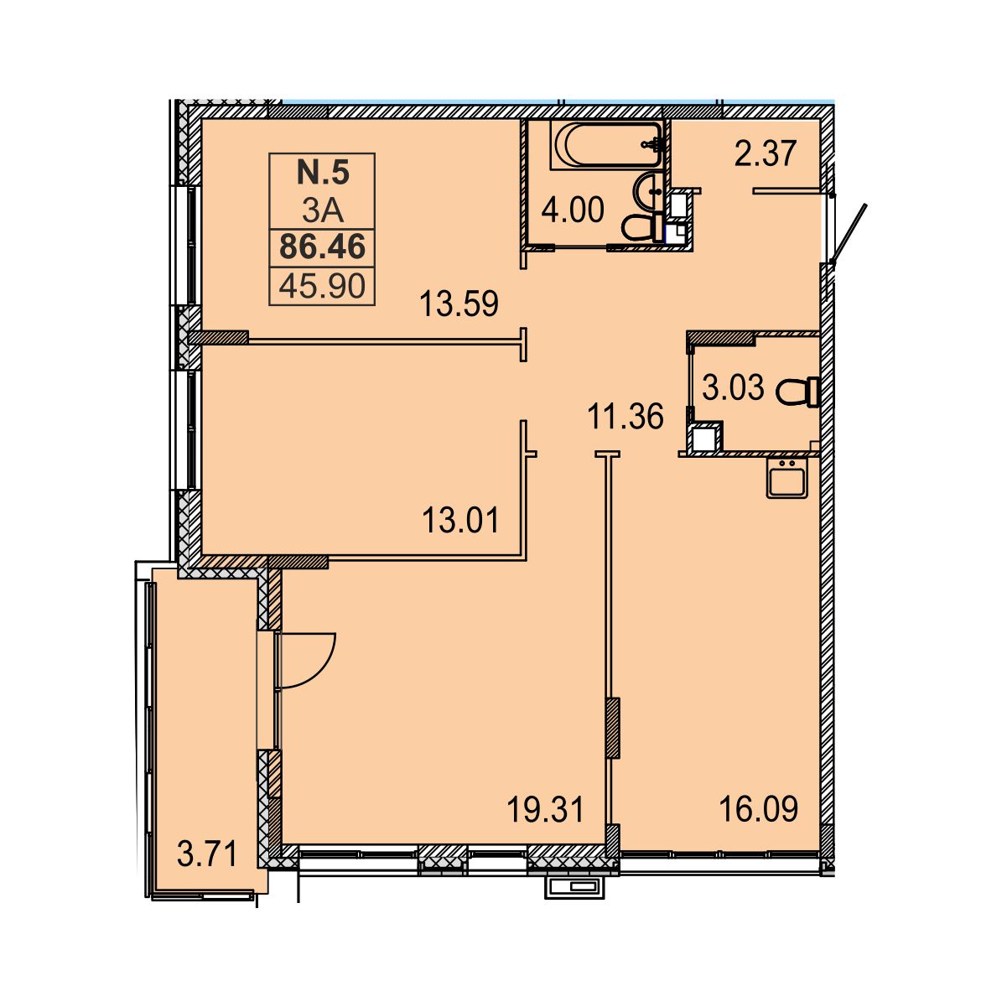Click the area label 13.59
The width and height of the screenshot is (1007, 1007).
[459, 304]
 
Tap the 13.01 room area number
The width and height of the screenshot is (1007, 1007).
[460, 521]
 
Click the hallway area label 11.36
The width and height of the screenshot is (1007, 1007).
[625, 417]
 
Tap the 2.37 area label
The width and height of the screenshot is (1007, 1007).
[765, 153]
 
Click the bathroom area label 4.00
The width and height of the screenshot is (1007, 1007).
[573, 210]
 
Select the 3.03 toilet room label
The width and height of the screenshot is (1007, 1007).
[733, 387]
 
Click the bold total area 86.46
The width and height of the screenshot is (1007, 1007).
[323, 247]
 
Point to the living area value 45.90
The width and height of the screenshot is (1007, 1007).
[322, 287]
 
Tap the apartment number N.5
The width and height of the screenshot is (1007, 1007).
[323, 173]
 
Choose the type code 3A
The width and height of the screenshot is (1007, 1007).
[323, 211]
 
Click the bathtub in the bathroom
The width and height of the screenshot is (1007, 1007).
[607, 145]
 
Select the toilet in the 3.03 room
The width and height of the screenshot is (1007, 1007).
[797, 392]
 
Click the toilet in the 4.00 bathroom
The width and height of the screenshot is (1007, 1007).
[643, 227]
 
